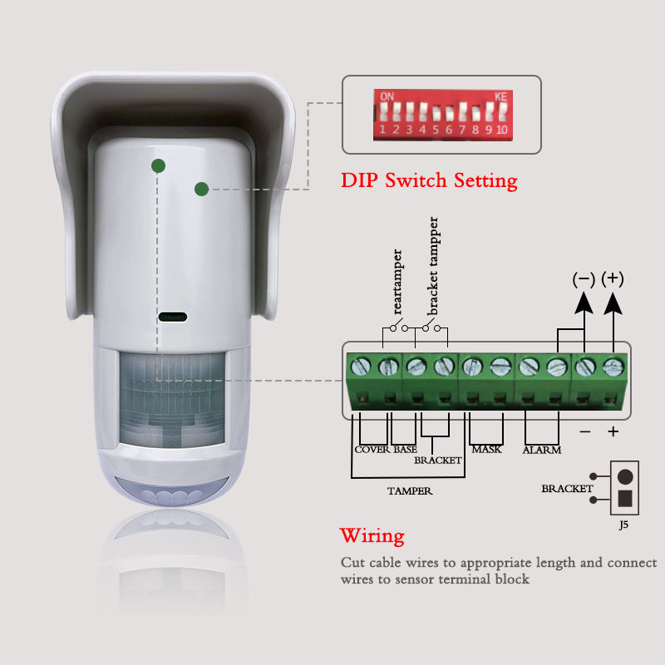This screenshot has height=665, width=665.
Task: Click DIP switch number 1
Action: click(384, 111)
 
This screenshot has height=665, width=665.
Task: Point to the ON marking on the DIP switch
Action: click(387, 96)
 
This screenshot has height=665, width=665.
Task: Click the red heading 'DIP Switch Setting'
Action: click(429, 180)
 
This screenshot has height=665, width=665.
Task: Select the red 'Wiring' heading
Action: click(372, 535)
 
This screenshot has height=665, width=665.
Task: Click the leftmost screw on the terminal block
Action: click(362, 365)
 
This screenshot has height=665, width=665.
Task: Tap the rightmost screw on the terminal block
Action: click(613, 365)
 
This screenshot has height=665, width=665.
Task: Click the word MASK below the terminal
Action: click(486, 450)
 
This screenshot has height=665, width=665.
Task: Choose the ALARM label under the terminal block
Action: click(541, 451)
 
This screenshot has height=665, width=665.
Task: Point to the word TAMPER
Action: click(409, 491)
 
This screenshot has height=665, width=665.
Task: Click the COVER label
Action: click(372, 450)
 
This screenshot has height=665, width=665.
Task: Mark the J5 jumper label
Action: click(623, 525)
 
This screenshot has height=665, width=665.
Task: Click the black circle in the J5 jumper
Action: click(625, 477)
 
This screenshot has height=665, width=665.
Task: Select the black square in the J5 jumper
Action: click(625, 500)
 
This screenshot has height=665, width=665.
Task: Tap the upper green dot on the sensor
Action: click(158, 165)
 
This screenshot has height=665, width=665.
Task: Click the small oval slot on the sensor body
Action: click(173, 317)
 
